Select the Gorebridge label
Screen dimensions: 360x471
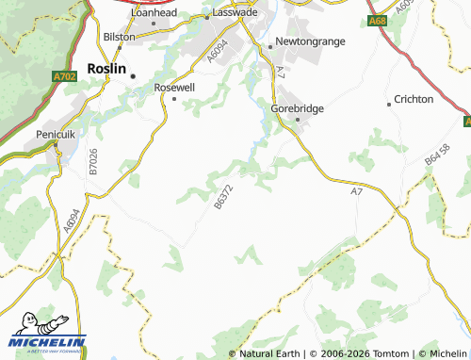pos(298,108)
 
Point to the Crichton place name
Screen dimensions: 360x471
pos(414,99)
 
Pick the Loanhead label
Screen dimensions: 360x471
pos(155,13)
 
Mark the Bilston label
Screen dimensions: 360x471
pos(120,37)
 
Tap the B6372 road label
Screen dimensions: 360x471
pos(222,196)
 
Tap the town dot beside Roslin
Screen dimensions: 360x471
pos(134,75)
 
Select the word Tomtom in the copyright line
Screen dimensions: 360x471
pos(389,353)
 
